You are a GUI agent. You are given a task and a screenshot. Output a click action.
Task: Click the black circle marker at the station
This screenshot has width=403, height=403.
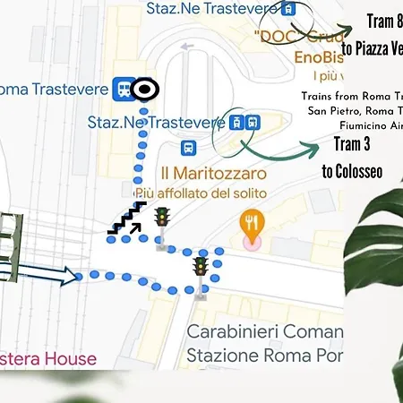pyautogui.click(x=144, y=89)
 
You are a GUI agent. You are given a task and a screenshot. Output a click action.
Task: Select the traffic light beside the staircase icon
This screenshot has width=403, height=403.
pyautogui.click(x=162, y=218)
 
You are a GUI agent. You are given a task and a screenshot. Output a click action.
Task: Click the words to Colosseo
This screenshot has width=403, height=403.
pyautogui.click(x=352, y=170)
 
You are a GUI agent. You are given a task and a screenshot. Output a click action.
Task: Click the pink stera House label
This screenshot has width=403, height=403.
pyautogui.click(x=48, y=359)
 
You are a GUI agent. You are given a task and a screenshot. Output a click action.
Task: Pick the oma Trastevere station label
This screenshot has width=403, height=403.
pyautogui.click(x=54, y=88)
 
